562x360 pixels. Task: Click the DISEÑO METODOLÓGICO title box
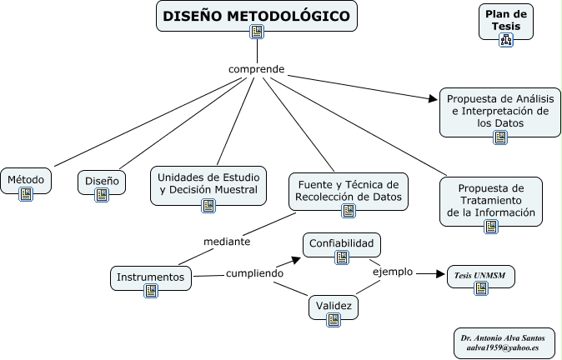(x=257, y=17)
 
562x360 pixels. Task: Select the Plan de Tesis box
(x=506, y=20)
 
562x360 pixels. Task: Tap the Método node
(x=26, y=179)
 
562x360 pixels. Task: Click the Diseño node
(x=102, y=181)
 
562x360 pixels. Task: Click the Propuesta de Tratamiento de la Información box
(x=489, y=199)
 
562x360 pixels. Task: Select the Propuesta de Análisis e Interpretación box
(x=499, y=111)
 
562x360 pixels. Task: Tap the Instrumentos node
(x=151, y=277)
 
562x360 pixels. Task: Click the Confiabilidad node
(x=342, y=244)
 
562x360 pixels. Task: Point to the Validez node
(x=334, y=306)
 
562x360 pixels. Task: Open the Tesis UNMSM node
(x=481, y=276)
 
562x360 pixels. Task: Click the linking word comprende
(x=257, y=68)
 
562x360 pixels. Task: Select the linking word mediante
(x=228, y=242)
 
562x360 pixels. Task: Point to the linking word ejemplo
(x=392, y=271)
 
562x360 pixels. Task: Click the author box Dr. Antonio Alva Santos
(x=503, y=342)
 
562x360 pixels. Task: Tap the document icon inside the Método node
(x=26, y=193)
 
